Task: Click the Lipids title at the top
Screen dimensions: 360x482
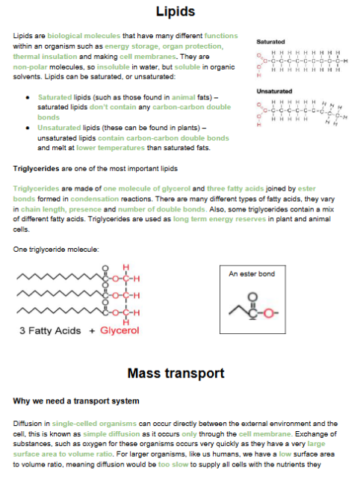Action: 176,12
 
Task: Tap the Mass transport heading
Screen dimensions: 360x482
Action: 176,374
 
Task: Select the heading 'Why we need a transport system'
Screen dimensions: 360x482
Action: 76,401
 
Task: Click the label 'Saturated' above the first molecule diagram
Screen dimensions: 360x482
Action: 270,42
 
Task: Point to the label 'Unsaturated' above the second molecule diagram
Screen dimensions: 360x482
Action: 274,91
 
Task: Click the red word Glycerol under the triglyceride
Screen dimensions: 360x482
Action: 120,330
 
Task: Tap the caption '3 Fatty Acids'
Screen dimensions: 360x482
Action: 50,331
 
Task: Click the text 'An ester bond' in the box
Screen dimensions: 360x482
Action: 252,274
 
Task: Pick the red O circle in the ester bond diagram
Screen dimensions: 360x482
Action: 269,313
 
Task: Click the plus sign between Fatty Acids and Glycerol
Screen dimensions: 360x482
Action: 92,331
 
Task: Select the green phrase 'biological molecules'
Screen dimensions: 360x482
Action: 84,36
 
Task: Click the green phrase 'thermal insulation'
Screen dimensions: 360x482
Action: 45,57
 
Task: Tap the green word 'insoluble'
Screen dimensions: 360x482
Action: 113,67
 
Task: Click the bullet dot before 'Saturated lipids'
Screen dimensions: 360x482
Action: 28,98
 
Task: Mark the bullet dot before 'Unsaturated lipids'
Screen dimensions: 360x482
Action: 28,128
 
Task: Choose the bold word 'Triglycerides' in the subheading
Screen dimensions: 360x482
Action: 36,169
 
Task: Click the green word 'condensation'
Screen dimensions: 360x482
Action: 95,199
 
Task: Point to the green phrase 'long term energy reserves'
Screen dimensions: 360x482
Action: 220,219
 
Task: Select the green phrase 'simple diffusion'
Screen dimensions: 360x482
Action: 111,434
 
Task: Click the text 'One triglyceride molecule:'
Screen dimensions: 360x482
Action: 56,250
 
